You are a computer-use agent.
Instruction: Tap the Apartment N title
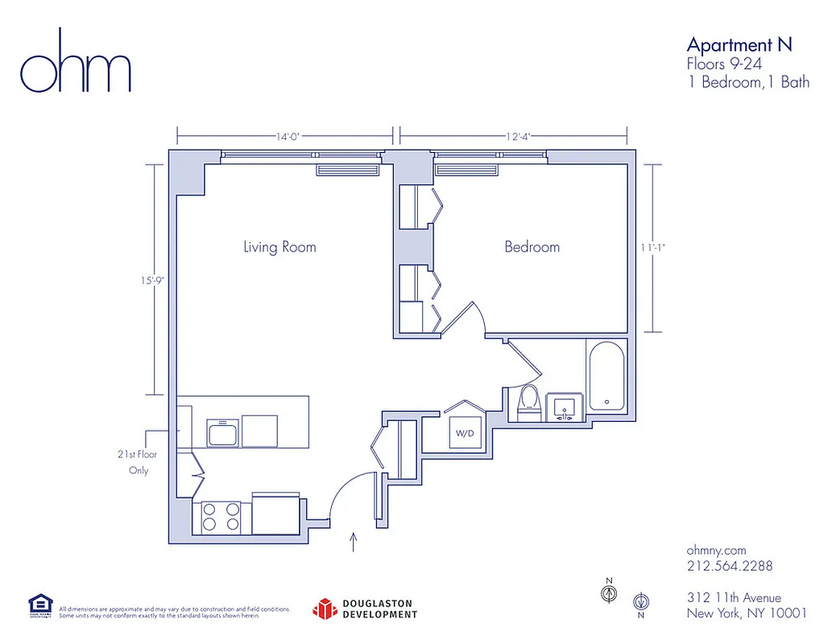739,44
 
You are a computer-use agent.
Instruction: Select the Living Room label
279,246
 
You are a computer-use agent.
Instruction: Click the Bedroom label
532,246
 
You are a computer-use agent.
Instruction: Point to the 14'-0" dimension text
288,137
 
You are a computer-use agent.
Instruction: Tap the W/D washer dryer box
466,433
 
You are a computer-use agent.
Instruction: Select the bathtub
606,378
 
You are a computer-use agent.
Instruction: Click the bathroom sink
564,407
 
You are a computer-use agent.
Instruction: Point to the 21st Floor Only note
137,462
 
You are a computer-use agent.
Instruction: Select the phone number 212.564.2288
729,566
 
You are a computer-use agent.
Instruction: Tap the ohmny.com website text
716,549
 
